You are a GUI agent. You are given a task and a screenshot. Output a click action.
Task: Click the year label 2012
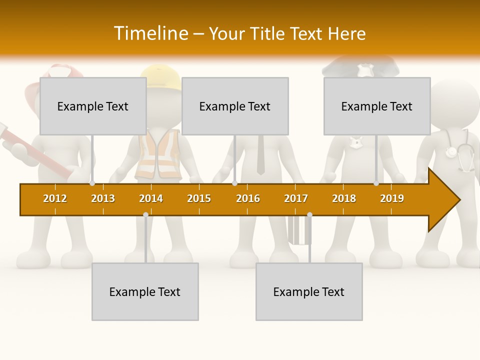55,198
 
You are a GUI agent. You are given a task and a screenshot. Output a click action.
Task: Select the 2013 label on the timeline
103,198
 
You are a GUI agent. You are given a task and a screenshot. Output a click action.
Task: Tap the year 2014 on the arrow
151,198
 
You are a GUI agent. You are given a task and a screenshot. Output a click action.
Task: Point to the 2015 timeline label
199,198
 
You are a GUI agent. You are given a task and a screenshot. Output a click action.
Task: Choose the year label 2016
248,198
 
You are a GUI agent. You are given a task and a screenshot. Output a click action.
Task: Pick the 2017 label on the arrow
296,198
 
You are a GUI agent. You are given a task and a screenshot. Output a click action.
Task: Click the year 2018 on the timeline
344,198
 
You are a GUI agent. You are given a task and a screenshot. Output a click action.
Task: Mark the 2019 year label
392,198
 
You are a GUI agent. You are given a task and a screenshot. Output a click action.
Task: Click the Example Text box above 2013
93,106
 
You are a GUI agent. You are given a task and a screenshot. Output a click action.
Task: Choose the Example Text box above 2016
235,106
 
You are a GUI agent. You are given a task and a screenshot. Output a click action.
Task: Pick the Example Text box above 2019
377,106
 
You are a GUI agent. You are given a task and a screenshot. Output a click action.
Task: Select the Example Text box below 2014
145,291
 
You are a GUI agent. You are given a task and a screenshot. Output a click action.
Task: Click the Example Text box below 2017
309,291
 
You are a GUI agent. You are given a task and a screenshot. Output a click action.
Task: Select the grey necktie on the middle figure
260,155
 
